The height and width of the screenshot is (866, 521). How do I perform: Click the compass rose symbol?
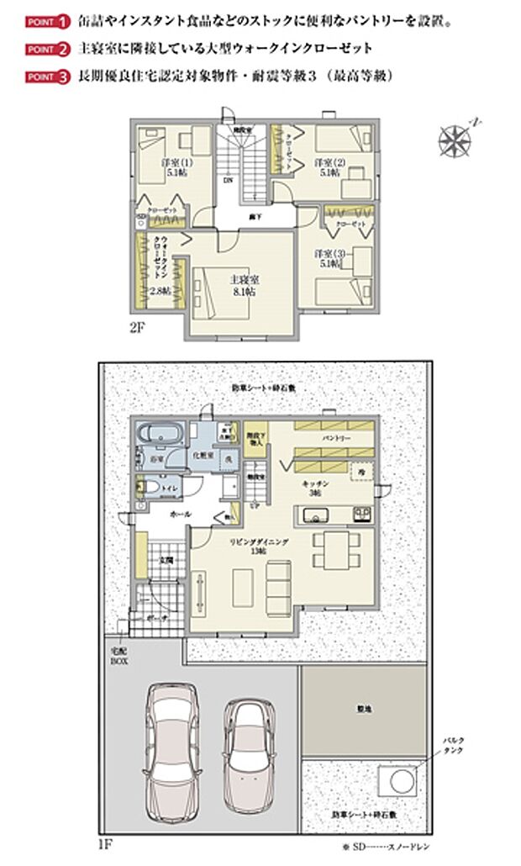coord(455,139)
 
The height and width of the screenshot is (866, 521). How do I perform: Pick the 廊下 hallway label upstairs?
coord(253,216)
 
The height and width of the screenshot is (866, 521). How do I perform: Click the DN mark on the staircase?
coord(228,180)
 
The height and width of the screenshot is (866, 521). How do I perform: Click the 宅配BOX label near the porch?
coord(115,655)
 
